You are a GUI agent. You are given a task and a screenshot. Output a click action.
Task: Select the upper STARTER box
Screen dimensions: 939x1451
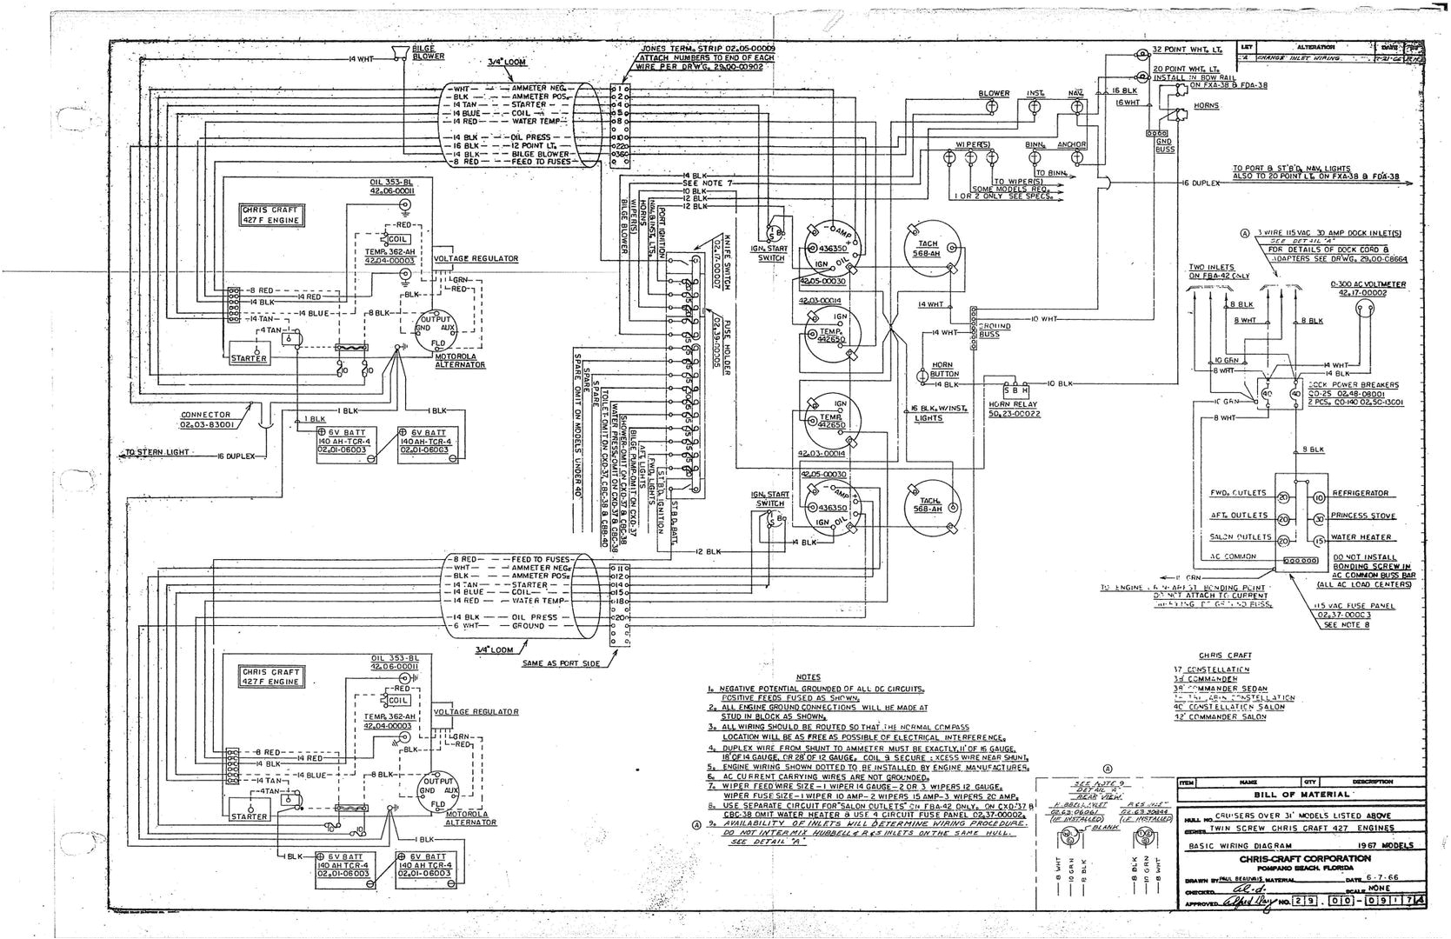coord(250,357)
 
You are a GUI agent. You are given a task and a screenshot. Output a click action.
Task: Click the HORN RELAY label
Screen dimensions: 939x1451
coord(1012,408)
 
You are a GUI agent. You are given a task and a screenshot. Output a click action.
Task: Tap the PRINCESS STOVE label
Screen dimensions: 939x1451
coord(1362,516)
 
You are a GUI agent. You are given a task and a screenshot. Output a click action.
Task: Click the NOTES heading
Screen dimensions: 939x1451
coord(808,676)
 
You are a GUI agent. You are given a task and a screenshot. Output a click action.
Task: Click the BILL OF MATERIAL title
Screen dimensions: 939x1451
coord(1301,794)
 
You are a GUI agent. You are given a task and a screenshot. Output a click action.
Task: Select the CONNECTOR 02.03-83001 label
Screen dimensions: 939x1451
coord(206,420)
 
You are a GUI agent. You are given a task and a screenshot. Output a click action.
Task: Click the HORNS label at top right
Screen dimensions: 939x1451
coord(1207,105)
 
